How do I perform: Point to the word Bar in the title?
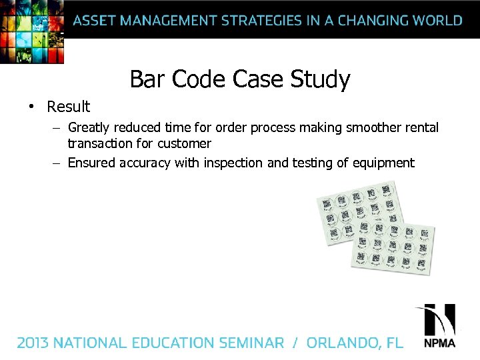tap(147, 79)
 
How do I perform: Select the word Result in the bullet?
tap(68, 107)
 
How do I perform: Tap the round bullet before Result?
tap(31, 107)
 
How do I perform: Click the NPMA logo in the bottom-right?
tap(439, 327)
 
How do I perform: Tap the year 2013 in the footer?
tap(33, 343)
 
